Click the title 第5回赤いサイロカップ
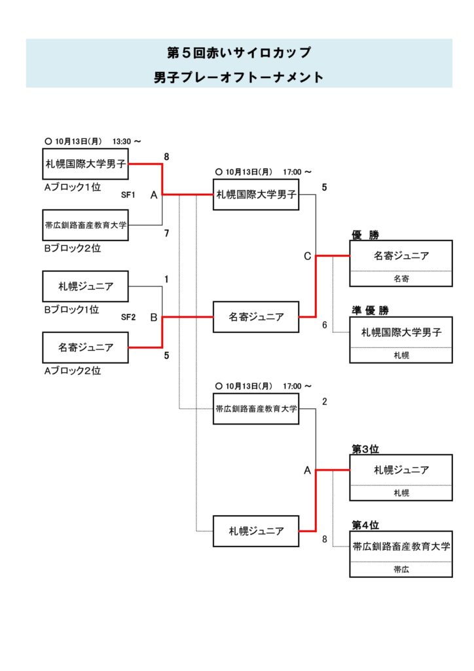[x=239, y=52]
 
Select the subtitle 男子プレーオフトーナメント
[x=239, y=77]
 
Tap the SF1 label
[x=128, y=195]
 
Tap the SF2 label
[x=128, y=317]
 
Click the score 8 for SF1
[x=166, y=157]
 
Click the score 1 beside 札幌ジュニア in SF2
[x=166, y=279]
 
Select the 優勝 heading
[x=366, y=234]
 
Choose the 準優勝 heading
[x=370, y=310]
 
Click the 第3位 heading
[x=365, y=449]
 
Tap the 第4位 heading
[x=365, y=525]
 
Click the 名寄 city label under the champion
[x=401, y=278]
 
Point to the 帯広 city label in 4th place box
[x=401, y=569]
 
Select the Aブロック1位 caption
[x=71, y=187]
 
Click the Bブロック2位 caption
[x=71, y=248]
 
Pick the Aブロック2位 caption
[x=71, y=370]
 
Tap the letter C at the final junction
[x=307, y=256]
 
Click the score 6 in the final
[x=324, y=324]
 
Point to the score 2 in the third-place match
[x=324, y=402]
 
